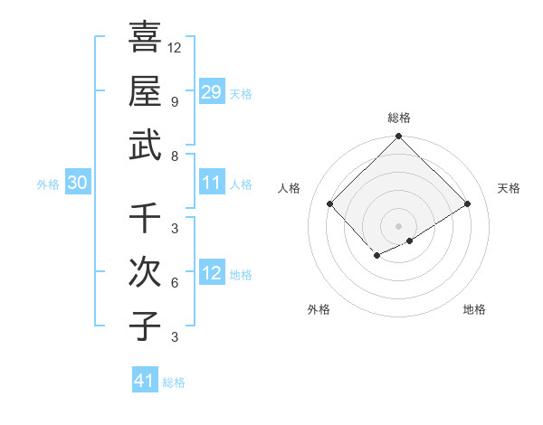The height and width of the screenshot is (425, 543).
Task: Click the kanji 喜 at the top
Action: (145, 39)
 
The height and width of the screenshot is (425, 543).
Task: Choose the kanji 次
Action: (145, 272)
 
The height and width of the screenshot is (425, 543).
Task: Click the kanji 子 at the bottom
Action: (145, 326)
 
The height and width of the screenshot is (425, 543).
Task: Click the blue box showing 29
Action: (212, 91)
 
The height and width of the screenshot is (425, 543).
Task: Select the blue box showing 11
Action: (212, 183)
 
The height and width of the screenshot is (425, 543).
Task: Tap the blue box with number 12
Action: (212, 273)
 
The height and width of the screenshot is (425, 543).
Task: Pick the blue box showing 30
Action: (78, 183)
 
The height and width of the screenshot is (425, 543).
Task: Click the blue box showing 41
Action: (145, 381)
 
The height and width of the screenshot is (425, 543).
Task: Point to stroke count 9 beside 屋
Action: (175, 101)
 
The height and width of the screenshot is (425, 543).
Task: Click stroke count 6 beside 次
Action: (175, 283)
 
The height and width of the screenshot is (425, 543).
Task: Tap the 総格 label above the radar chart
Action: (399, 118)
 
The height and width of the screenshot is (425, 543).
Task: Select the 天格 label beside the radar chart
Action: (510, 188)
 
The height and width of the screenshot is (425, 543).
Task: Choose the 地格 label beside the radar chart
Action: (474, 309)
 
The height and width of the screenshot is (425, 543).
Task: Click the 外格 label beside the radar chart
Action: (319, 309)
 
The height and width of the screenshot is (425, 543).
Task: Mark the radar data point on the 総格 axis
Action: (399, 137)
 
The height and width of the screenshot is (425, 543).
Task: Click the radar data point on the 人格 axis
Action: (330, 203)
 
